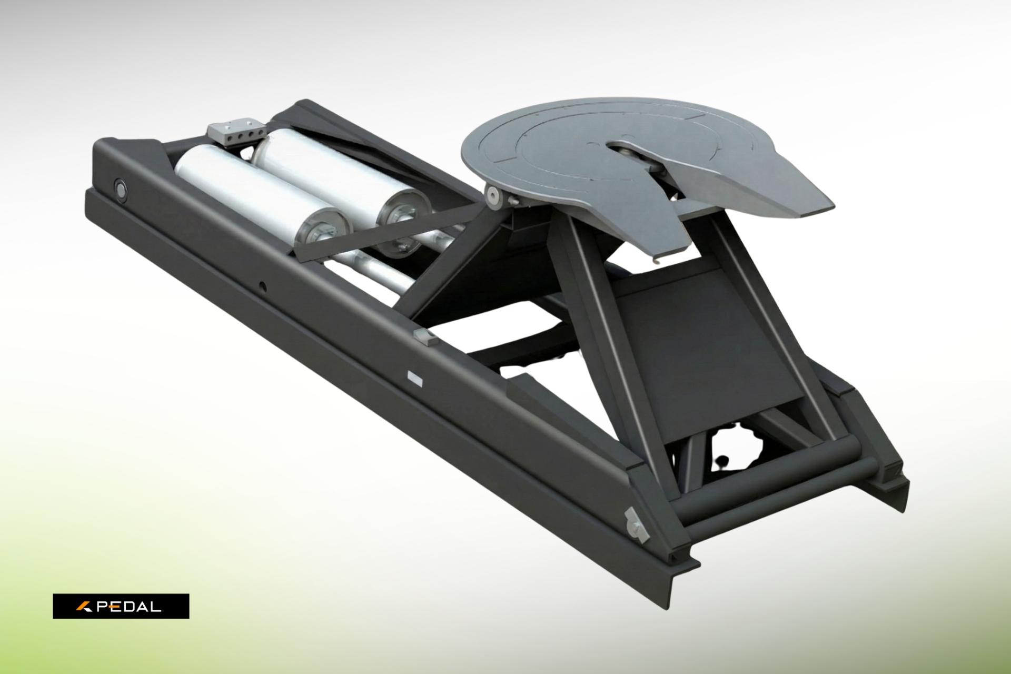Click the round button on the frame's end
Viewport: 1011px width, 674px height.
[121, 189]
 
